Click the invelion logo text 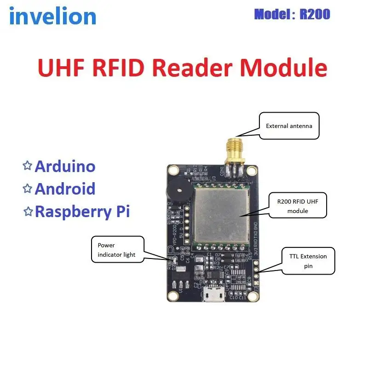point(52,17)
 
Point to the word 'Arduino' point(65,166)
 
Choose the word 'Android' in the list point(65,189)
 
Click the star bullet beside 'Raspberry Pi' point(28,211)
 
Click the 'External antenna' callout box point(289,126)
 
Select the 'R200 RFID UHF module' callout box point(298,205)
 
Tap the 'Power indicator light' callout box point(117,250)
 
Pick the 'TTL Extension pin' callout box point(308,261)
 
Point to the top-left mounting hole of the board point(173,170)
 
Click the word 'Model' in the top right point(271,14)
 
